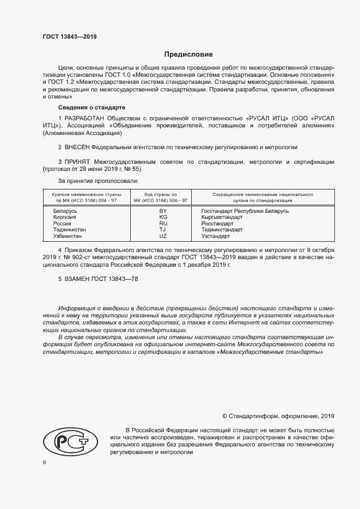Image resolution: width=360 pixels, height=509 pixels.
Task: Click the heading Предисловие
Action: tap(188, 54)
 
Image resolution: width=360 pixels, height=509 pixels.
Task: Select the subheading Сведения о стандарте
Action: tap(91, 107)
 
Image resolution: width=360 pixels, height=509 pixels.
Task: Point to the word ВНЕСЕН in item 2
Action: tap(76, 147)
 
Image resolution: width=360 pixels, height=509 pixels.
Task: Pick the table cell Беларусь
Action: tap(65, 210)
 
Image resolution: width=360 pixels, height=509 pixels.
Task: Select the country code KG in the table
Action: tap(163, 217)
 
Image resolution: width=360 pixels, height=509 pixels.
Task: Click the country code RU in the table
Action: tap(163, 223)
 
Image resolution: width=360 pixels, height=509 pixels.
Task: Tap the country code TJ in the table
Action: tap(163, 230)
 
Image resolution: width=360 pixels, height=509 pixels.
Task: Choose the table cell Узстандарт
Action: tap(216, 236)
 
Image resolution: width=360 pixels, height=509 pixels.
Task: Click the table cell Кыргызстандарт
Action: tap(222, 217)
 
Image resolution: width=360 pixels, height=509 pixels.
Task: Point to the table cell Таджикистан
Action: tap(69, 230)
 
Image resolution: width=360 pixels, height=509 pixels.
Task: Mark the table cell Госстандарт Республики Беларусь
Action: tap(245, 210)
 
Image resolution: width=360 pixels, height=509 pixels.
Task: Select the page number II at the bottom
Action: tap(45, 462)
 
